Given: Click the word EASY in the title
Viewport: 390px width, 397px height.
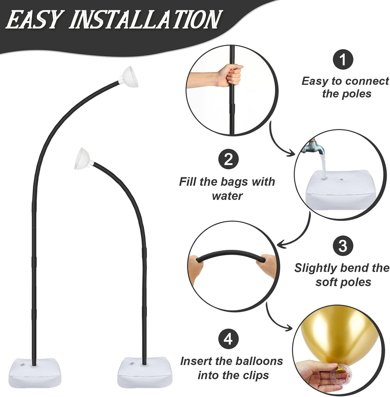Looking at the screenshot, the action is point(34,20).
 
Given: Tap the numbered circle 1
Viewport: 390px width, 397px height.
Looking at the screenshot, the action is point(343,59).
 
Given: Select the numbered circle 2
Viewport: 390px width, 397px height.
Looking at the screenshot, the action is point(228,160).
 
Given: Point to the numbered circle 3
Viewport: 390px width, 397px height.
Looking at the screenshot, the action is point(343,246).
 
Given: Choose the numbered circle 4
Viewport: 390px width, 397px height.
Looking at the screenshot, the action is point(228,339).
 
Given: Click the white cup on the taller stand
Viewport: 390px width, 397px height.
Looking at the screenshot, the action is point(129,77).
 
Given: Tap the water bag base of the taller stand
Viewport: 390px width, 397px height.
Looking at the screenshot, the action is point(35,373).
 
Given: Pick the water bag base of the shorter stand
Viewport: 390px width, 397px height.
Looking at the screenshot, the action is point(144,372).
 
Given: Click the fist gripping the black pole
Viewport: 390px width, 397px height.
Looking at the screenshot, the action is point(229,75).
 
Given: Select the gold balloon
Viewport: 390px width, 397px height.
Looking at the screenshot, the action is point(339,337).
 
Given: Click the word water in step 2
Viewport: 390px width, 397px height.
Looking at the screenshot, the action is point(227,196).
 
